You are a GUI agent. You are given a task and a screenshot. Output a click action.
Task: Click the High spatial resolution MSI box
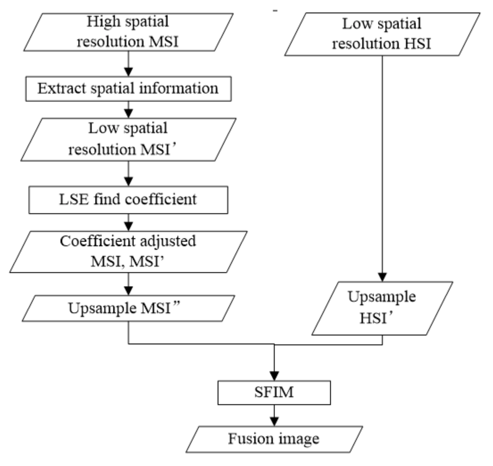coord(128,32)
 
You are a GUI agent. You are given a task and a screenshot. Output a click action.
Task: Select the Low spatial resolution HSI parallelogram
coord(382,34)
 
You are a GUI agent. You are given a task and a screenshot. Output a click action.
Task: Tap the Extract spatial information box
coord(128,89)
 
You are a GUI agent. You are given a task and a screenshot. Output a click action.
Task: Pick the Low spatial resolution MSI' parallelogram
coord(128,139)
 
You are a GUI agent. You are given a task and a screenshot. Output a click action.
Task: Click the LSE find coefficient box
coord(128,200)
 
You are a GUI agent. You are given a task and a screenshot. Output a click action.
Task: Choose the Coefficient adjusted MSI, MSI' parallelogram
coord(128,252)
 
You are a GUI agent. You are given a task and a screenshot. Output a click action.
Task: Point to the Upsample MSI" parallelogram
coord(128,308)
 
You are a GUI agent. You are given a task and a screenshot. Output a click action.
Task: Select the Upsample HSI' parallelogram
coord(382,308)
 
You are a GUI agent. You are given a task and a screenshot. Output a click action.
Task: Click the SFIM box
coord(274,392)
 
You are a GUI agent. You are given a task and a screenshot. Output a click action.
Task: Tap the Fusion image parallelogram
coord(274,439)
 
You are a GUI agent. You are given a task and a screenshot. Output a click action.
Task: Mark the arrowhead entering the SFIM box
coord(274,376)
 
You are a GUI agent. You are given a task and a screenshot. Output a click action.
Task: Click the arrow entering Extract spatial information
coord(128,69)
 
